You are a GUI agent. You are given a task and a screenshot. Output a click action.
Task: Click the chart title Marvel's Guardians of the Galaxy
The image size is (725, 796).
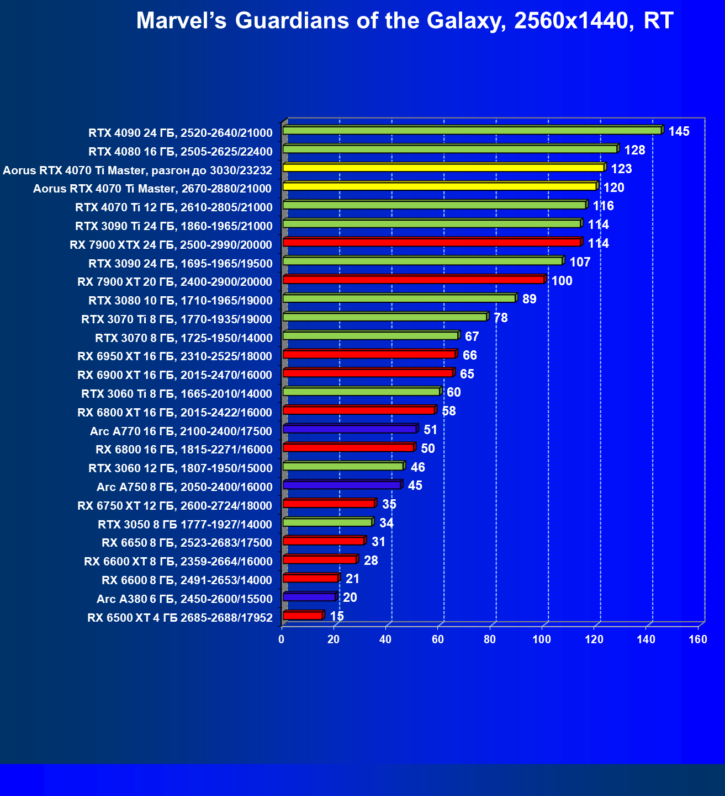click(404, 21)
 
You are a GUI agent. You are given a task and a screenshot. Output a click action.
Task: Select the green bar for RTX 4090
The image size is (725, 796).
click(472, 130)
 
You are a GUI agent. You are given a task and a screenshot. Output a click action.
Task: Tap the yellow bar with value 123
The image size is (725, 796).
click(443, 168)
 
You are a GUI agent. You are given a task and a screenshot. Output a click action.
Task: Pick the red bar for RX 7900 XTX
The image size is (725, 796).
click(432, 242)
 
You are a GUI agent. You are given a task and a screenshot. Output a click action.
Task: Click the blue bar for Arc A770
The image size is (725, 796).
click(350, 429)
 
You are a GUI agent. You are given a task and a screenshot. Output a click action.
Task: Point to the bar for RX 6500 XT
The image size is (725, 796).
click(303, 616)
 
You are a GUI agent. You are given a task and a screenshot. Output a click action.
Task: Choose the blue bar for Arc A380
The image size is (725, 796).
click(309, 597)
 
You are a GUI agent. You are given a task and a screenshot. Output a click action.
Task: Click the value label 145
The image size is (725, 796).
click(679, 131)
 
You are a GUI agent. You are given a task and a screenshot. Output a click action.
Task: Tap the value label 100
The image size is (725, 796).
click(562, 281)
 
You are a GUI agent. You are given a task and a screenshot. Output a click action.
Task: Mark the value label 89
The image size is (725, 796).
click(529, 299)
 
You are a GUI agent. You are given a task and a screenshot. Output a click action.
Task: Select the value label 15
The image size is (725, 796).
click(337, 616)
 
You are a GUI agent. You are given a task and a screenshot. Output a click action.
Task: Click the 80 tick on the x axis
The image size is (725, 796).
click(490, 640)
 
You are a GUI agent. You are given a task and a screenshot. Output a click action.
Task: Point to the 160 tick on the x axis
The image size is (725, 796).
click(698, 640)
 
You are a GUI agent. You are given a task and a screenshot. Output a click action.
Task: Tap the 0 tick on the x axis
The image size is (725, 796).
click(282, 640)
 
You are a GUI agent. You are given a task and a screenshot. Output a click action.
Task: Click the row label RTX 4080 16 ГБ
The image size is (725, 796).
click(181, 152)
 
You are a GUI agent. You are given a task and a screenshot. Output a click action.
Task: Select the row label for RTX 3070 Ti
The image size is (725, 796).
click(177, 319)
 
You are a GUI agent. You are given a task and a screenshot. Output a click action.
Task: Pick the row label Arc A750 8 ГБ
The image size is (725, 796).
click(184, 487)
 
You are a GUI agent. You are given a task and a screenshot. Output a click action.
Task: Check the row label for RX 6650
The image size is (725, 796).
click(187, 543)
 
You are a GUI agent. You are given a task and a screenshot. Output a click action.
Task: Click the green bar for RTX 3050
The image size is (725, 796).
click(327, 522)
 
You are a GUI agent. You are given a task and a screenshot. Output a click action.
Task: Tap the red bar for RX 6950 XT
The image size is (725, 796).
click(369, 354)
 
